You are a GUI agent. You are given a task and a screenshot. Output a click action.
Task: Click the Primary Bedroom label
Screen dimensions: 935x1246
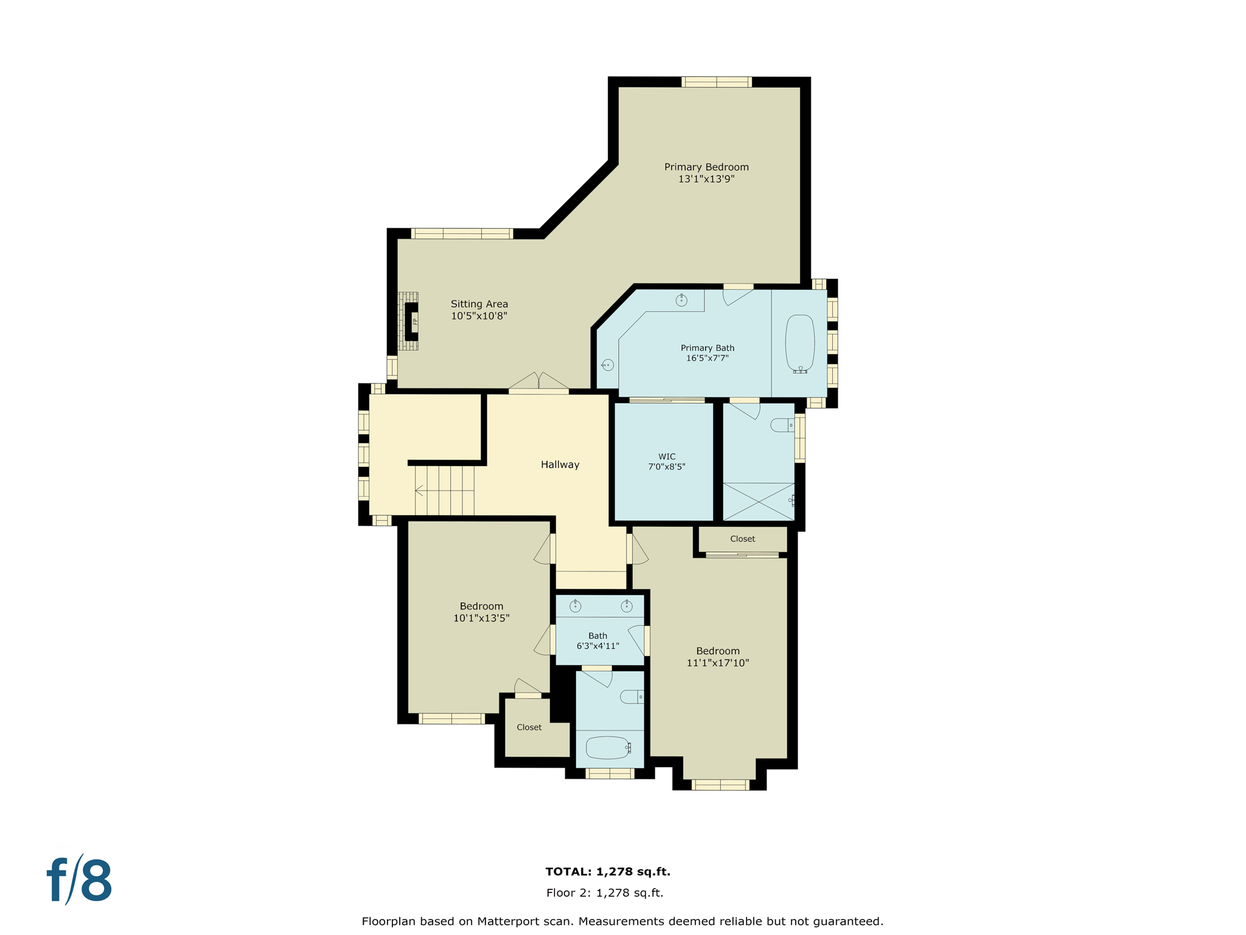click(706, 167)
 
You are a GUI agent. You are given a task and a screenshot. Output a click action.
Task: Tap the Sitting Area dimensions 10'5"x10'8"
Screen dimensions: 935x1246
click(479, 316)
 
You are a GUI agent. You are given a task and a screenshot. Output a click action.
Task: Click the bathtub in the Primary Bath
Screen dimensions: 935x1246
click(799, 343)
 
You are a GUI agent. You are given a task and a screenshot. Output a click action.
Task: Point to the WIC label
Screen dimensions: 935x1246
click(667, 457)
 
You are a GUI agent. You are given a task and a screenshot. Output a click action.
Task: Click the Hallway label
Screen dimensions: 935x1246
click(560, 464)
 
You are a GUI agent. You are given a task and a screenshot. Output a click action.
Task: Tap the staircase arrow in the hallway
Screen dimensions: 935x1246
click(419, 490)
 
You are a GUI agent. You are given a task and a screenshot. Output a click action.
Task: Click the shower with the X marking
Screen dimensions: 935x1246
click(758, 502)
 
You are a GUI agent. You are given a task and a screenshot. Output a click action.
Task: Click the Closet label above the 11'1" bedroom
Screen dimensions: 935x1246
click(742, 539)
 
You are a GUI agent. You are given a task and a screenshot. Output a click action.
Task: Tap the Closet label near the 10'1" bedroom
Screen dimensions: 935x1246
click(529, 727)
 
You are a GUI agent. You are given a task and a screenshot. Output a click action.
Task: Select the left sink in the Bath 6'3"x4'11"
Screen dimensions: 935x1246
click(575, 606)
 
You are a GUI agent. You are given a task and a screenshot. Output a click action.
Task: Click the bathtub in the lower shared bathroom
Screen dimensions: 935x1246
click(608, 748)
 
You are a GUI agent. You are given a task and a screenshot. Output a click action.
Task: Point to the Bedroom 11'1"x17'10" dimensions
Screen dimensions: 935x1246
click(717, 663)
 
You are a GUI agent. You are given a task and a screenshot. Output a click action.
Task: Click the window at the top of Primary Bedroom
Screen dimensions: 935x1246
click(716, 82)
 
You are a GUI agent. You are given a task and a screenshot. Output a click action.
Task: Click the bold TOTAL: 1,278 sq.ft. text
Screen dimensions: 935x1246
click(607, 872)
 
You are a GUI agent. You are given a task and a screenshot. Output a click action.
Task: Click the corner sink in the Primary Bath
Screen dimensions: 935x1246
click(607, 365)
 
